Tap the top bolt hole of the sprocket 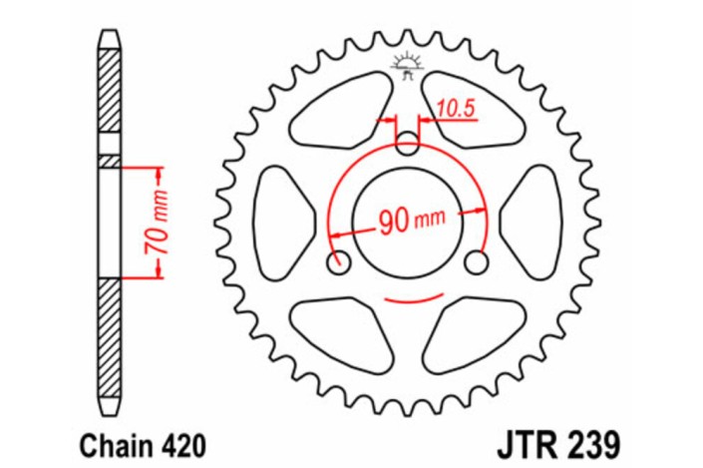(408, 145)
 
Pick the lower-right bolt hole (476, 263)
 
